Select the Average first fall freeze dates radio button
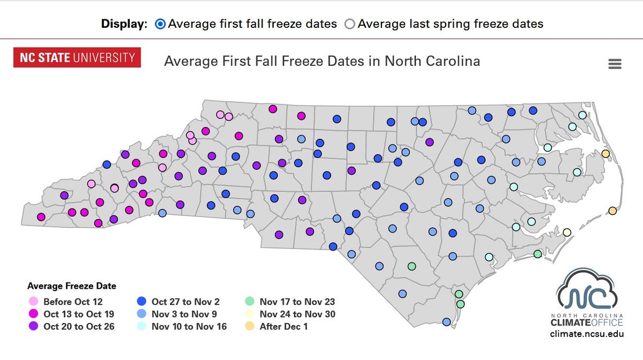click(160, 24)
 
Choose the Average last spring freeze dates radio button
click(350, 24)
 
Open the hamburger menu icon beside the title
click(615, 64)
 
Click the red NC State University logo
click(77, 57)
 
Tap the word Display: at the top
click(124, 24)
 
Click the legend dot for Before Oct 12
click(33, 302)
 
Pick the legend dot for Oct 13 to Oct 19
click(33, 314)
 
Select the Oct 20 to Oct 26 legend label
click(79, 326)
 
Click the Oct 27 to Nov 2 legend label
click(185, 302)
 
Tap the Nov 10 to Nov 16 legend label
click(189, 326)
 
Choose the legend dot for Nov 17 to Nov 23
click(249, 302)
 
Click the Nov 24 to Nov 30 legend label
click(297, 314)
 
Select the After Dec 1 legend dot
click(249, 326)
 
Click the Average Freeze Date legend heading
click(72, 286)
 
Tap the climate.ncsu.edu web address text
click(587, 334)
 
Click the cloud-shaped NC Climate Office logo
click(587, 292)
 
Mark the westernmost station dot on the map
click(41, 217)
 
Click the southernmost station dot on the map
click(446, 322)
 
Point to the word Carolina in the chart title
click(453, 61)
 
